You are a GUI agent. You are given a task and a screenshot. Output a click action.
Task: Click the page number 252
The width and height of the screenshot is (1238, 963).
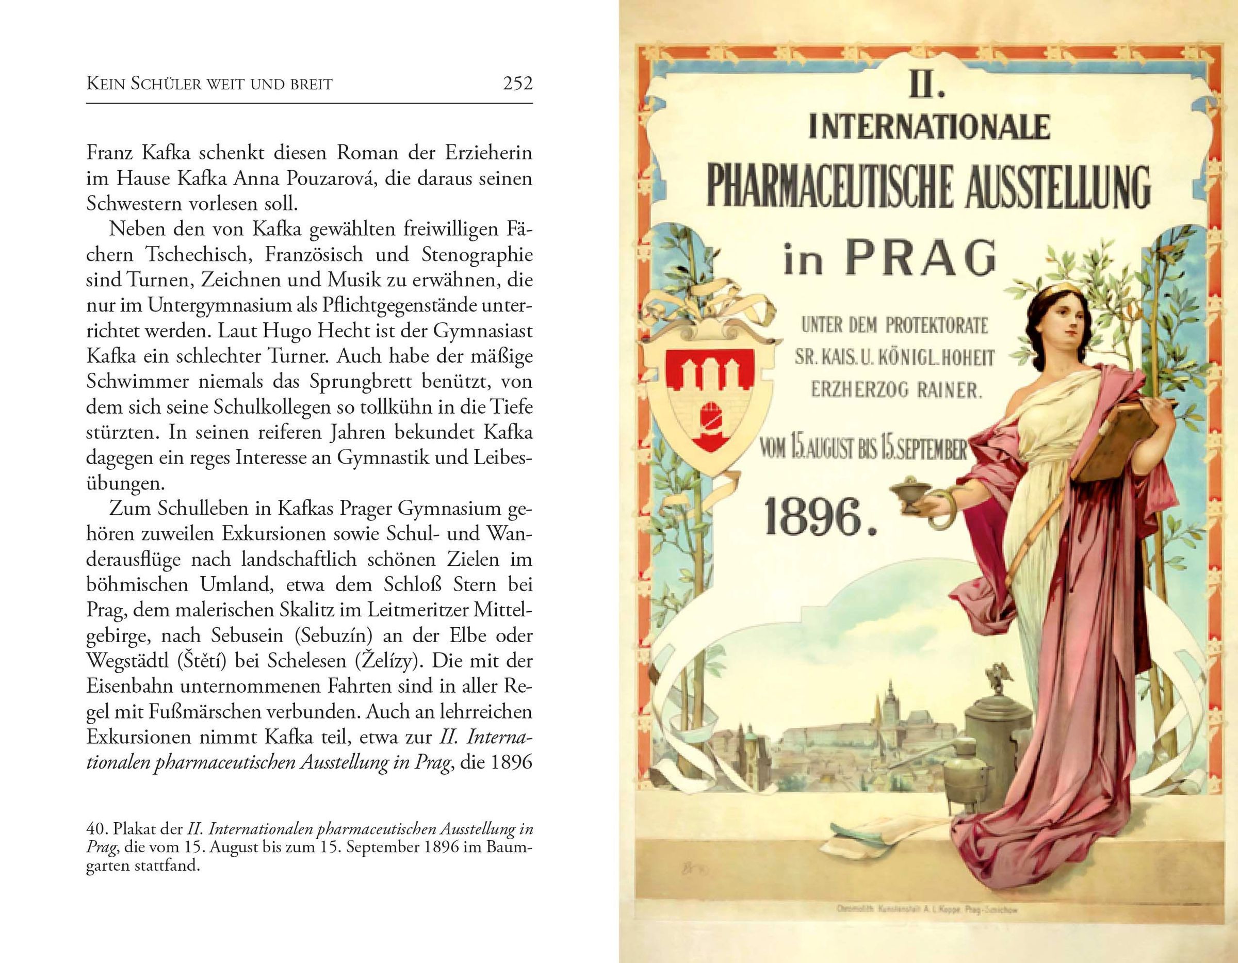coord(517,84)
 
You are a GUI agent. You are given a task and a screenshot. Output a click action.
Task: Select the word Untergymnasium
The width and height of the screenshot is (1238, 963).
coord(212,305)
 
